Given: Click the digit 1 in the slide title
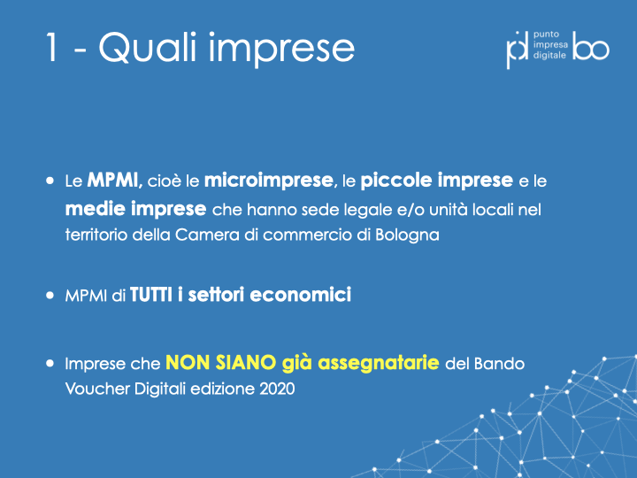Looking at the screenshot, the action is coord(51,47).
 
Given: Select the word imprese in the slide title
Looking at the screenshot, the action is coord(281,50).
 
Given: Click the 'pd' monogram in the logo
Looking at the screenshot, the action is coord(518,50).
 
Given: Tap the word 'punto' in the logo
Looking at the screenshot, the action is coord(547,35).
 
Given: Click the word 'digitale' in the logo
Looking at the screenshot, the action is coord(549,55).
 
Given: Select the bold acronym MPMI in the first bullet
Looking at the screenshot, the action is coord(112,180).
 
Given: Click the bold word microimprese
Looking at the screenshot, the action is coord(269,180).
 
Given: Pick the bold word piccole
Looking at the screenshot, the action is coord(396,181).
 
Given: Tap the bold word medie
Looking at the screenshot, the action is coord(95,209).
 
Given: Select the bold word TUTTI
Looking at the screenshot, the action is coord(151,295).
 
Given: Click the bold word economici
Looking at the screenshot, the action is coord(300,295).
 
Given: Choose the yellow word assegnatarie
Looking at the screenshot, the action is coord(379,364).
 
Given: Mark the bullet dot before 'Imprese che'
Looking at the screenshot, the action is coord(50,363).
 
